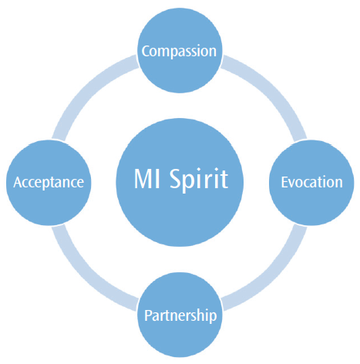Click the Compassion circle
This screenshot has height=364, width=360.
tap(180, 51)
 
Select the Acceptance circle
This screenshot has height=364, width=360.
tap(49, 183)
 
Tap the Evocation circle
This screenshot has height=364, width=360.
tap(311, 183)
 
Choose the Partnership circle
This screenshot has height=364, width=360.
tap(180, 315)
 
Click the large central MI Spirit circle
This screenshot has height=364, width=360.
tap(180, 182)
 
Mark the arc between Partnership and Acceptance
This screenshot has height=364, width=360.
tap(86, 276)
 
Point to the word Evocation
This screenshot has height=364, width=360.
tap(311, 182)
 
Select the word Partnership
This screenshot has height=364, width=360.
tap(180, 315)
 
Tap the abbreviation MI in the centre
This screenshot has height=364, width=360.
tap(147, 179)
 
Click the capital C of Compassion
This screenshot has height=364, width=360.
tap(146, 51)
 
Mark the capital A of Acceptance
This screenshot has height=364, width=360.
tap(18, 183)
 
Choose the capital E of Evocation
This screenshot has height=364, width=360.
tap(284, 183)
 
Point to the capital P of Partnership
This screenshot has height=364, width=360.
tap(148, 315)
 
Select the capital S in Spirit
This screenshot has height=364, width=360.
tap(176, 179)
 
